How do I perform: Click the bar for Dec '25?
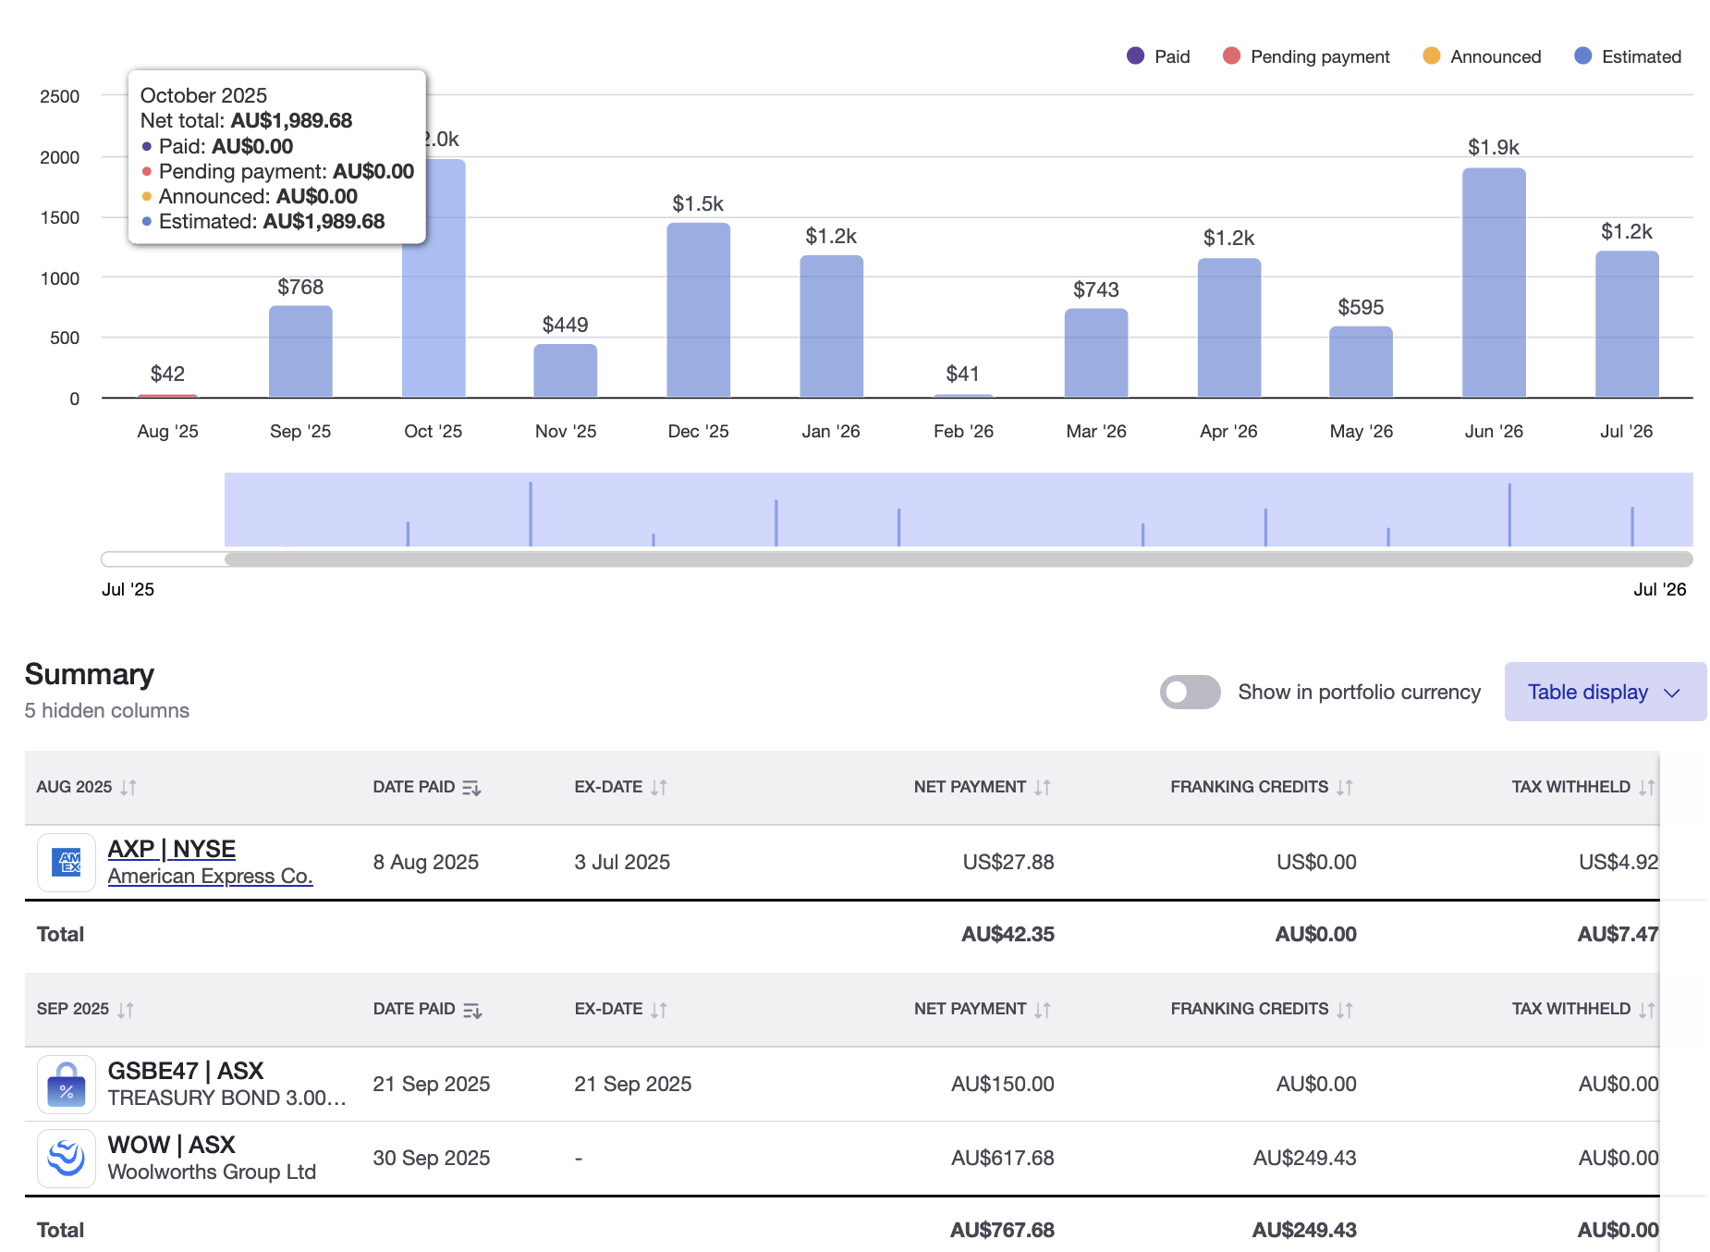[x=698, y=310]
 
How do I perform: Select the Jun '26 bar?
[x=1493, y=282]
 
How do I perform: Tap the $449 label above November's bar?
[x=565, y=325]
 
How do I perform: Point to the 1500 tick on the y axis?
[x=60, y=217]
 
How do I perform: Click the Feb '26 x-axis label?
[x=963, y=431]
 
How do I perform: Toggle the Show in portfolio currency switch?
[x=1190, y=692]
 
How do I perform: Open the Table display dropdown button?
[x=1604, y=692]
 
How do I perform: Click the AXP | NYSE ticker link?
[x=172, y=848]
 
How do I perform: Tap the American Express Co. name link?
[x=210, y=876]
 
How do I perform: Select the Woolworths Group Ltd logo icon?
[x=67, y=1158]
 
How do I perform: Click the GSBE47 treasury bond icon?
[x=67, y=1084]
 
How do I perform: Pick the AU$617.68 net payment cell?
[x=1002, y=1158]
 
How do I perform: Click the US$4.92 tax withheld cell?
[x=1618, y=862]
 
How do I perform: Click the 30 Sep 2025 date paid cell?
[x=431, y=1158]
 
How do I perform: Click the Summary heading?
[x=90, y=674]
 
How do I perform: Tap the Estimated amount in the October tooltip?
[x=324, y=221]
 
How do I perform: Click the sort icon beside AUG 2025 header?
[x=128, y=787]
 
